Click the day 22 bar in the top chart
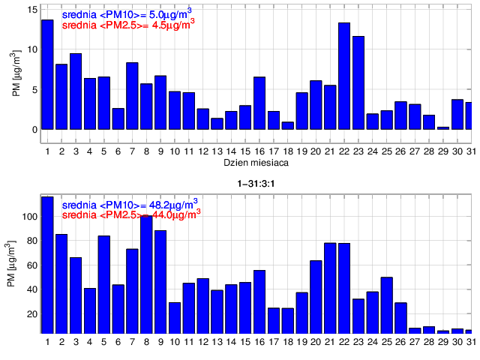(344, 76)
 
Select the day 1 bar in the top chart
(47, 74)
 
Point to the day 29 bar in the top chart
(443, 128)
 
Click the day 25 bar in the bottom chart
(387, 304)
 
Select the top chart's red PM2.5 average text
(127, 23)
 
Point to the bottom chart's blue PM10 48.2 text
(130, 203)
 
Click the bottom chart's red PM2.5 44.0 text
(131, 214)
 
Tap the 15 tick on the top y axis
(32, 10)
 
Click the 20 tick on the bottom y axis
(31, 314)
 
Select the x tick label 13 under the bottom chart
(217, 342)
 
